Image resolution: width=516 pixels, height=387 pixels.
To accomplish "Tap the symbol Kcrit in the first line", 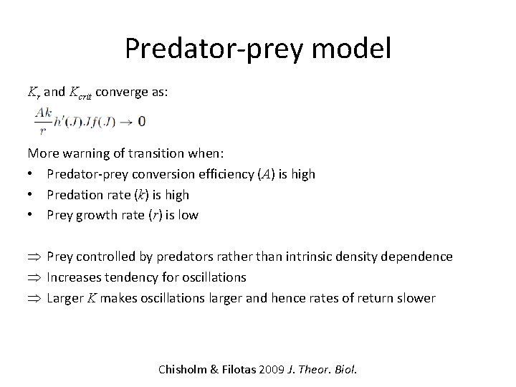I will pos(80,92).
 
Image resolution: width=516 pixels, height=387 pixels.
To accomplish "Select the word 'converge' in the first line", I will pos(121,92).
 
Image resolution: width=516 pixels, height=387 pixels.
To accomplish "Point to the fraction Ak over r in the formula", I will pos(42,122).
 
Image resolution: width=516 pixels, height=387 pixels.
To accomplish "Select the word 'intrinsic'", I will pos(319,257).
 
